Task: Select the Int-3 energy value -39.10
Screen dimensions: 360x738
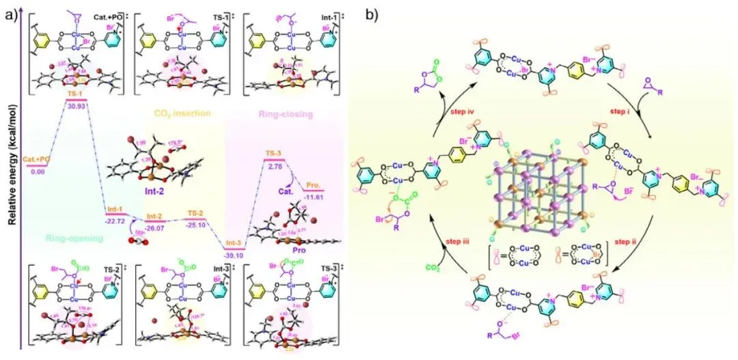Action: coord(234,257)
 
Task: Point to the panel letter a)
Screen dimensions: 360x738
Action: coord(10,12)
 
